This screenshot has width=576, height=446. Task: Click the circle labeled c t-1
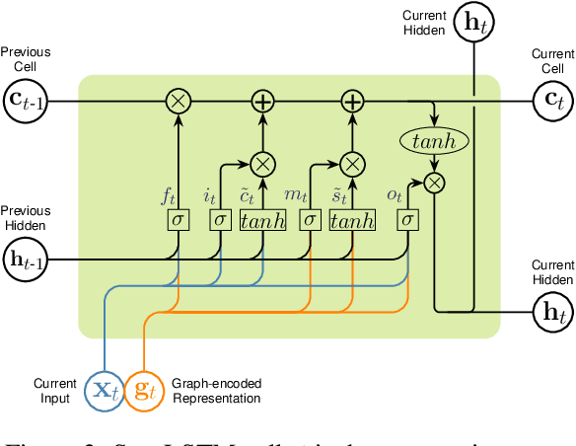25,101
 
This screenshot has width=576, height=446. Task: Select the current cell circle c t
550,101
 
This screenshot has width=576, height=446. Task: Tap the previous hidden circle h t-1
25,260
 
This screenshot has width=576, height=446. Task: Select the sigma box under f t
179,219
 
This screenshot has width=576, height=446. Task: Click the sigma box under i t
220,219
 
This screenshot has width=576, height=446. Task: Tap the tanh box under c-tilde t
262,219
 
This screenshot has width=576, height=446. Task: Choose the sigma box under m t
311,219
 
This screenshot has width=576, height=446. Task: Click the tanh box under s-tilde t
352,219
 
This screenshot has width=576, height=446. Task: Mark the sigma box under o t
405,219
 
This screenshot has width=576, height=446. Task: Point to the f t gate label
170,195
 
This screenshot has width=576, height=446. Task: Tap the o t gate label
395,195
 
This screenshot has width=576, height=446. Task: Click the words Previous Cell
25,60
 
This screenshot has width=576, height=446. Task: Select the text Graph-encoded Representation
216,391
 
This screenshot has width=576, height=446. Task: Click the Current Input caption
54,391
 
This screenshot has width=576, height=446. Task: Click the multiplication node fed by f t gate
179,101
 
